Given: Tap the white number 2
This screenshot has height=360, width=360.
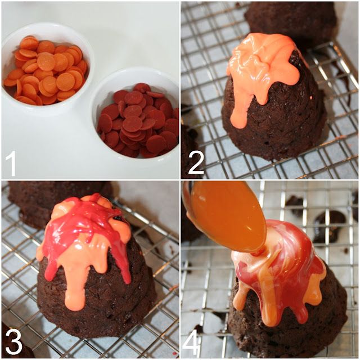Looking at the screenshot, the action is click(x=196, y=163).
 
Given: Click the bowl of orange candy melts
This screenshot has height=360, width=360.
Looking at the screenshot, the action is click(x=46, y=69).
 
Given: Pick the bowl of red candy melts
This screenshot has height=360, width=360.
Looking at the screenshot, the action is click(x=136, y=114).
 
